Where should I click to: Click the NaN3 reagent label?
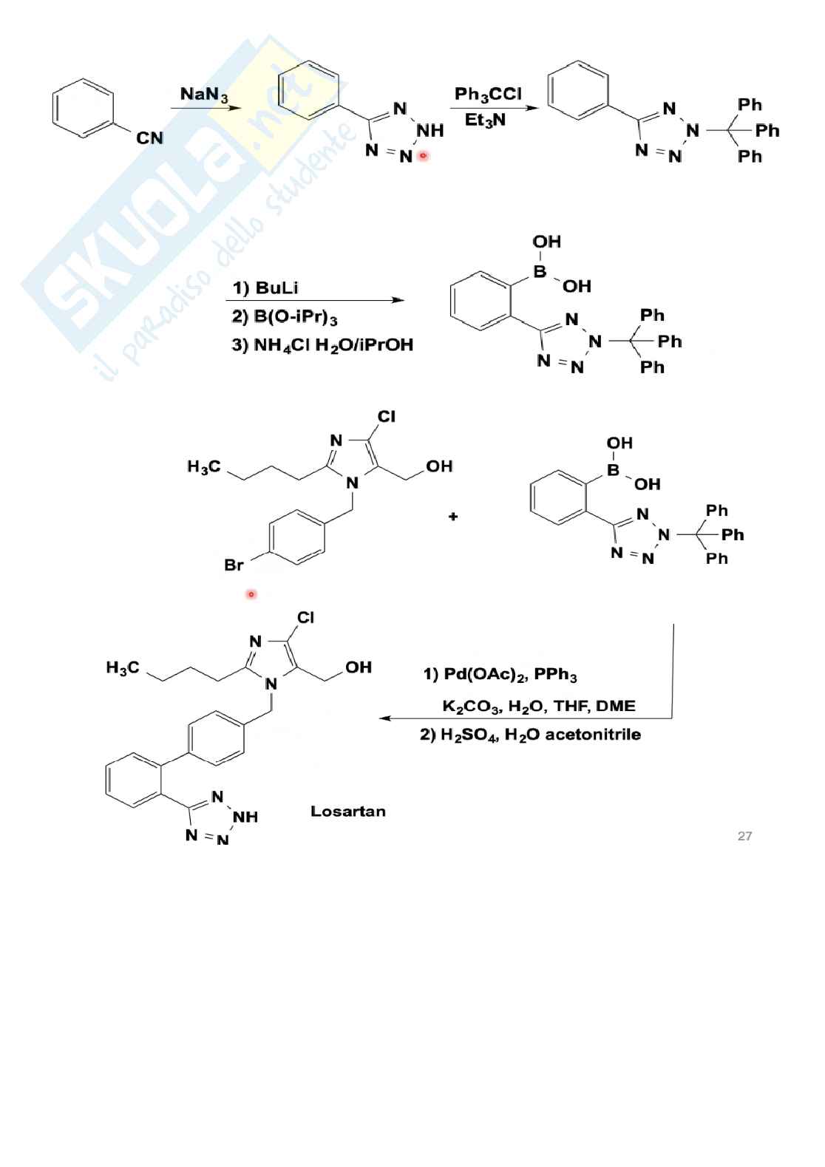[x=204, y=95]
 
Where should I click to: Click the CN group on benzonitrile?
[x=149, y=138]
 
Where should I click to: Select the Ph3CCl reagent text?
[x=487, y=94]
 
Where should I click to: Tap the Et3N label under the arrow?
[x=485, y=120]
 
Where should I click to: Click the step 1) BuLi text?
[x=265, y=288]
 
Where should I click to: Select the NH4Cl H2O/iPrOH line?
[x=322, y=344]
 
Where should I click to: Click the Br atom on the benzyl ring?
[x=234, y=565]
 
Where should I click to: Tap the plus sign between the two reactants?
[x=453, y=517]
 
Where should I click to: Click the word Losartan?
[x=347, y=812]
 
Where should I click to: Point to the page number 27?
[x=744, y=836]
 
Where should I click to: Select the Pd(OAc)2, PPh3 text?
[x=500, y=675]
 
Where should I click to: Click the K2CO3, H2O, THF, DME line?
[x=538, y=706]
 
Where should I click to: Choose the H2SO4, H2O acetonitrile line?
[x=530, y=735]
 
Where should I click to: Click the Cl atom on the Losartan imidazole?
[x=305, y=617]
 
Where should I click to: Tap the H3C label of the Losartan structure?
[x=122, y=668]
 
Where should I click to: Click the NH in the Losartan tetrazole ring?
[x=245, y=817]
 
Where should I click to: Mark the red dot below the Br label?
[x=251, y=594]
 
